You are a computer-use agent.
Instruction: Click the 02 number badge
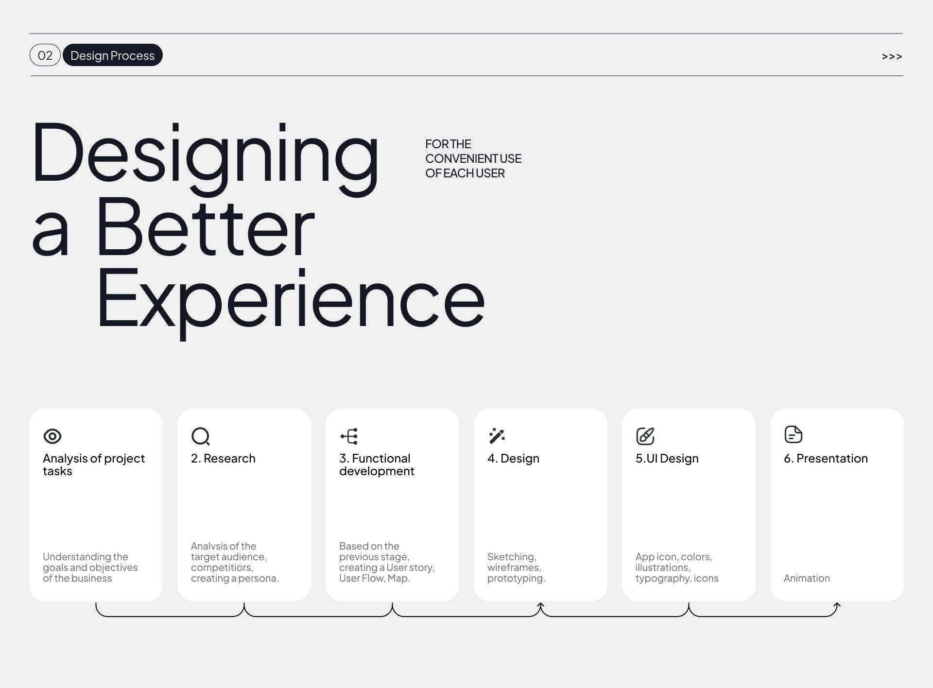click(x=45, y=55)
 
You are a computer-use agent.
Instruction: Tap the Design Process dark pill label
click(x=113, y=55)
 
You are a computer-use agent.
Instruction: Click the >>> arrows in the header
click(x=892, y=57)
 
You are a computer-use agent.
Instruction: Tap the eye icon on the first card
click(x=52, y=436)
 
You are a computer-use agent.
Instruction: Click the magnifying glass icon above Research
click(x=201, y=436)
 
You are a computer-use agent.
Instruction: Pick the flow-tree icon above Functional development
click(x=349, y=436)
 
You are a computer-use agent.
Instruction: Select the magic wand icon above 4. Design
click(x=497, y=436)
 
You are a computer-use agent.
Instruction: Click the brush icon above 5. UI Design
click(x=645, y=436)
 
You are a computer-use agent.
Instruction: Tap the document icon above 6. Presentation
click(x=794, y=434)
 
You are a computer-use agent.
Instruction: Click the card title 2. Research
click(x=223, y=458)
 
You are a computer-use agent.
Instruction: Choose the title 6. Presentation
click(x=826, y=458)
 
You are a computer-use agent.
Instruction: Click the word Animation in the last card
click(x=807, y=578)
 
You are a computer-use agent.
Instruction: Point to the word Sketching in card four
click(x=512, y=557)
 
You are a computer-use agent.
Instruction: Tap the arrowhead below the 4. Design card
click(x=540, y=605)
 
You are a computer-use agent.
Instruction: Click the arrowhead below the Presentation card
click(x=837, y=605)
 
